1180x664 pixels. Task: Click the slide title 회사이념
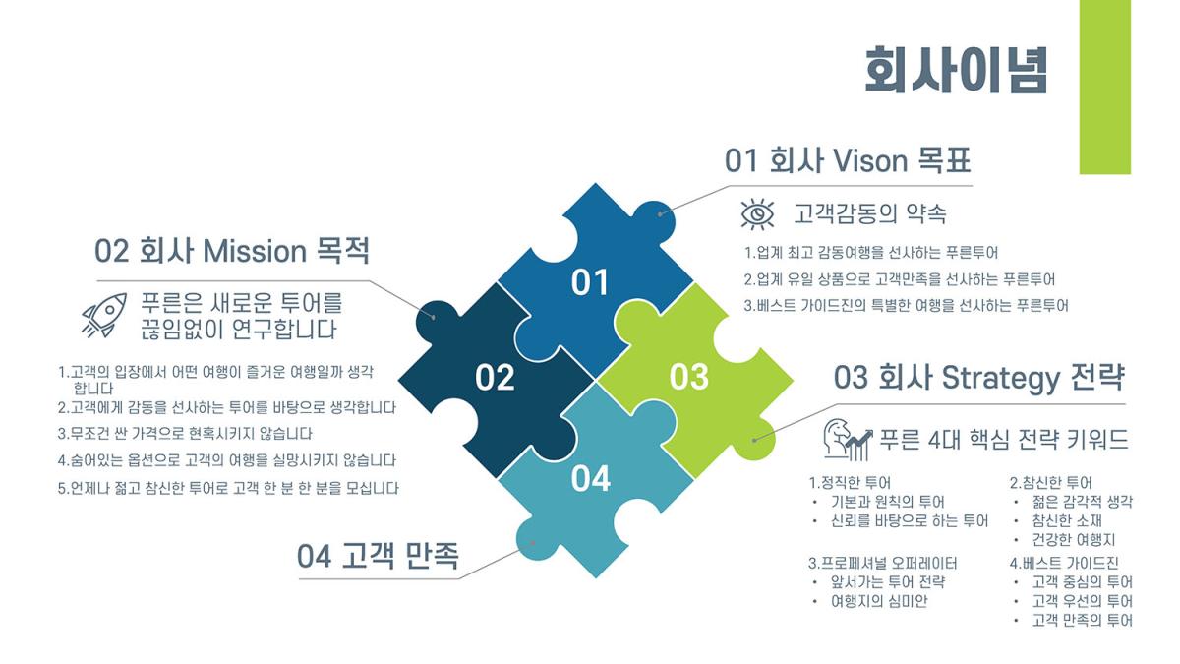pyautogui.click(x=956, y=70)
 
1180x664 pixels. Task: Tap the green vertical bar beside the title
pyautogui.click(x=1104, y=87)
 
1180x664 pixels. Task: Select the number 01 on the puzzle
pyautogui.click(x=590, y=282)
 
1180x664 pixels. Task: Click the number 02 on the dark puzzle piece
pyautogui.click(x=495, y=378)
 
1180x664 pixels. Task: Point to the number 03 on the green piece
pyautogui.click(x=689, y=378)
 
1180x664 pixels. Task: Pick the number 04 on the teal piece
pyautogui.click(x=591, y=478)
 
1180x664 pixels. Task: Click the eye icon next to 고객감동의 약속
pyautogui.click(x=757, y=214)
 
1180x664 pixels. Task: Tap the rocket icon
pyautogui.click(x=104, y=315)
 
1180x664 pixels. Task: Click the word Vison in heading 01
pyautogui.click(x=869, y=160)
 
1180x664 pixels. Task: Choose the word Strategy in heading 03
pyautogui.click(x=1000, y=379)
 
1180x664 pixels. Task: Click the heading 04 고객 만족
pyautogui.click(x=378, y=556)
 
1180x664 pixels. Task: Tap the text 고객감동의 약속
pyautogui.click(x=869, y=213)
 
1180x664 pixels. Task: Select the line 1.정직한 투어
pyautogui.click(x=850, y=483)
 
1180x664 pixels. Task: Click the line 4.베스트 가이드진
pyautogui.click(x=1064, y=563)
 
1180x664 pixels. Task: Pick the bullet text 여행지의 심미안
pyautogui.click(x=879, y=601)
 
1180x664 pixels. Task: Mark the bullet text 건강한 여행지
pyautogui.click(x=1074, y=540)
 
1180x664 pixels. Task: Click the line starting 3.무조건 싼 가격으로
pyautogui.click(x=185, y=434)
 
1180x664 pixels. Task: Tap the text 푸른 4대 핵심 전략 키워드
pyautogui.click(x=1004, y=439)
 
